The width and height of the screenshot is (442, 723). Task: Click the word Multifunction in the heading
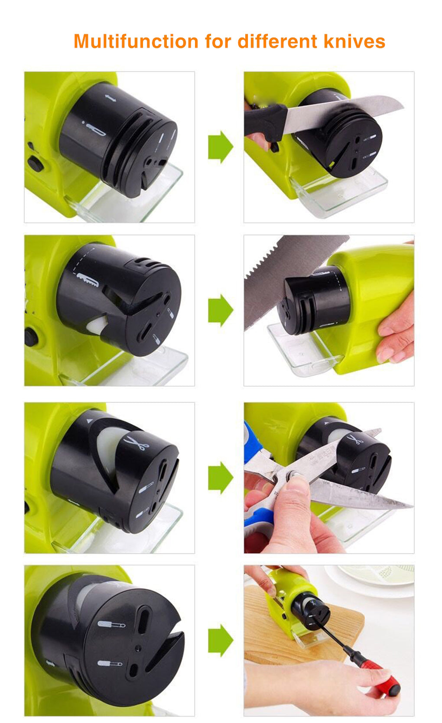pos(136,41)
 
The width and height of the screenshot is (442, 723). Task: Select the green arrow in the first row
pos(221,147)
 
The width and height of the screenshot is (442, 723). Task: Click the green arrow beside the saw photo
pos(221,310)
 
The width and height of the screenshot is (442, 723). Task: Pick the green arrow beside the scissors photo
pos(221,478)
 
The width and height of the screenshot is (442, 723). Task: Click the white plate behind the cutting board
pos(371,578)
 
